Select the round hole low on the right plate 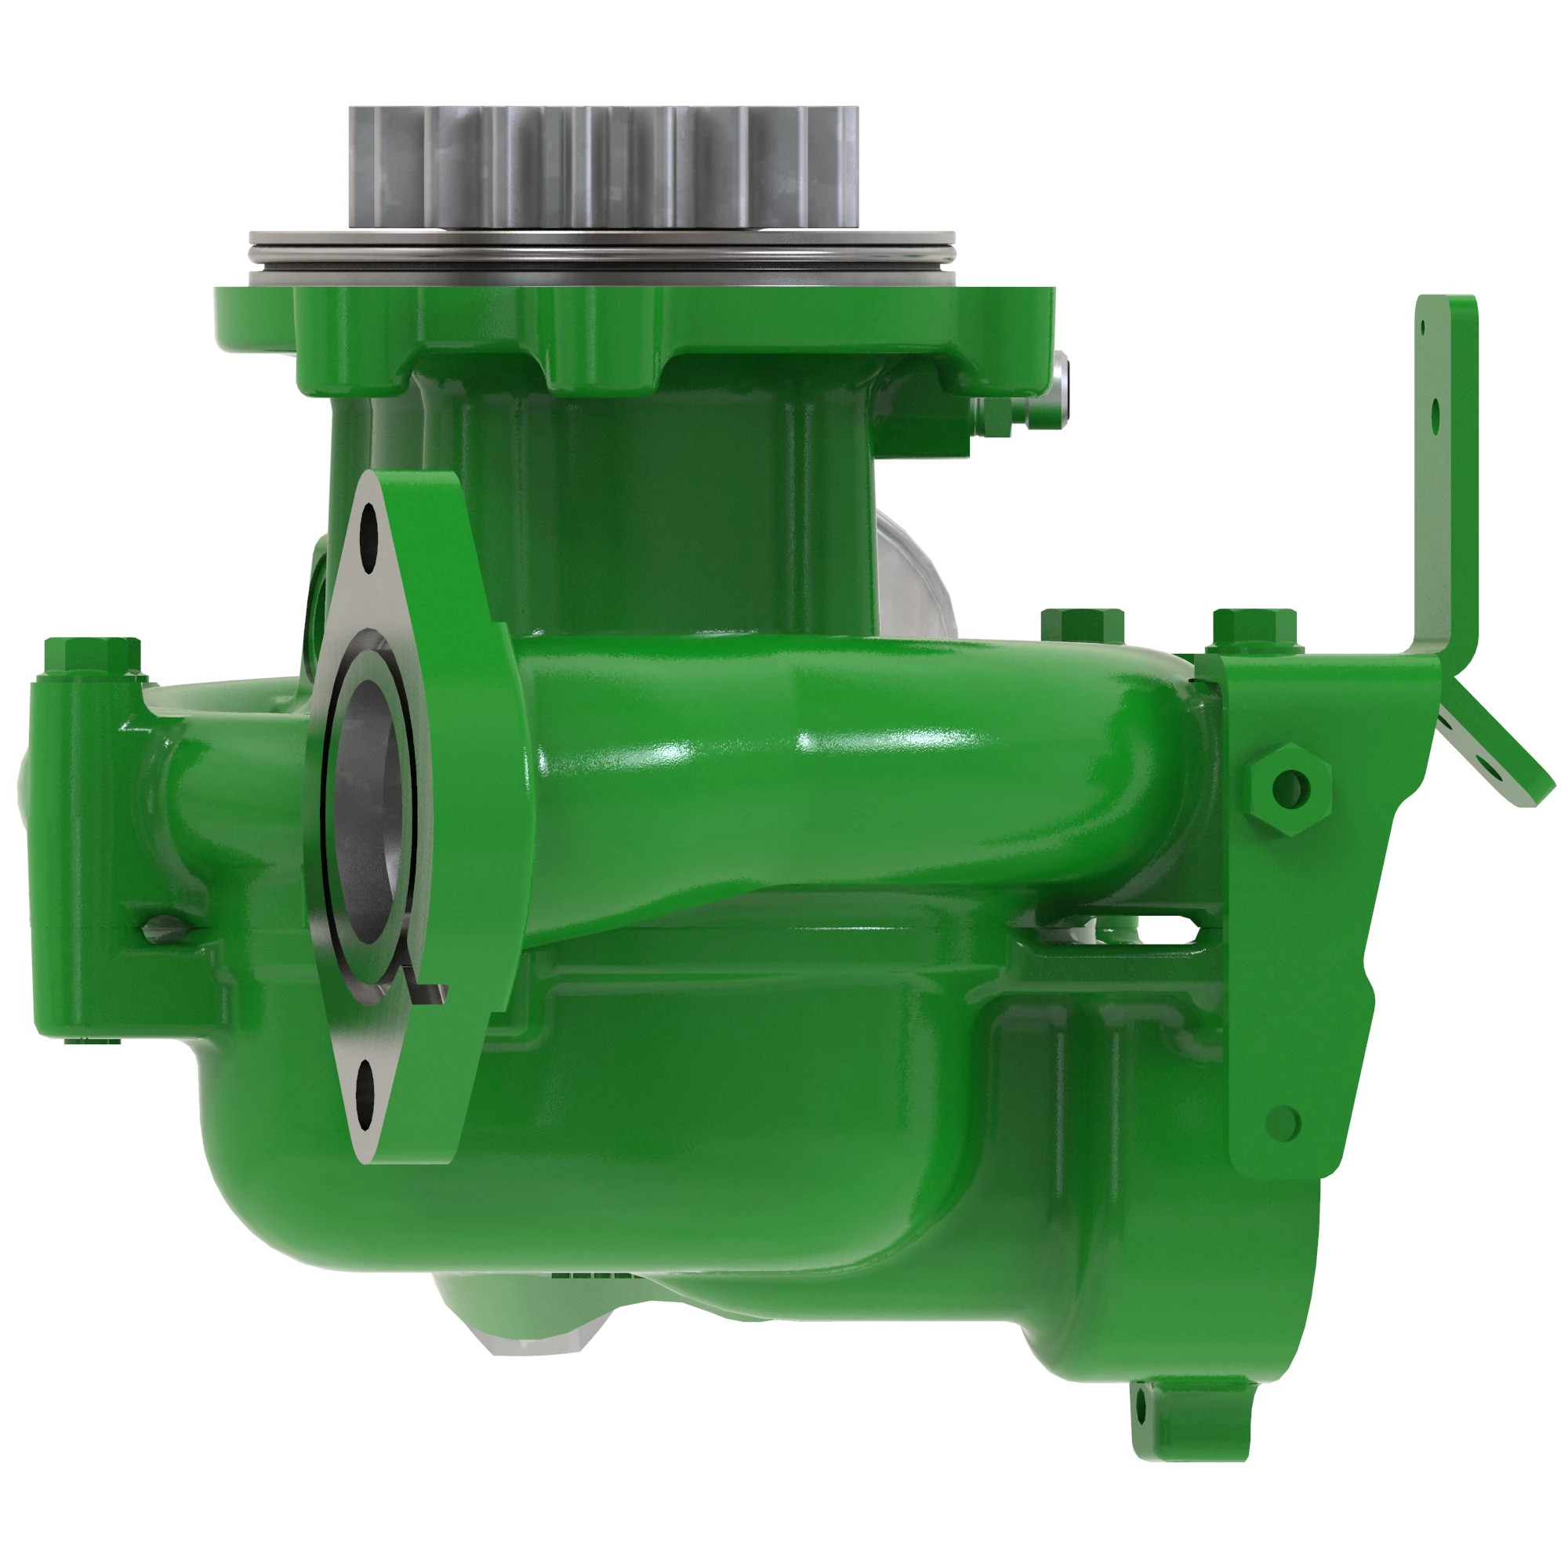pos(1283,1123)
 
